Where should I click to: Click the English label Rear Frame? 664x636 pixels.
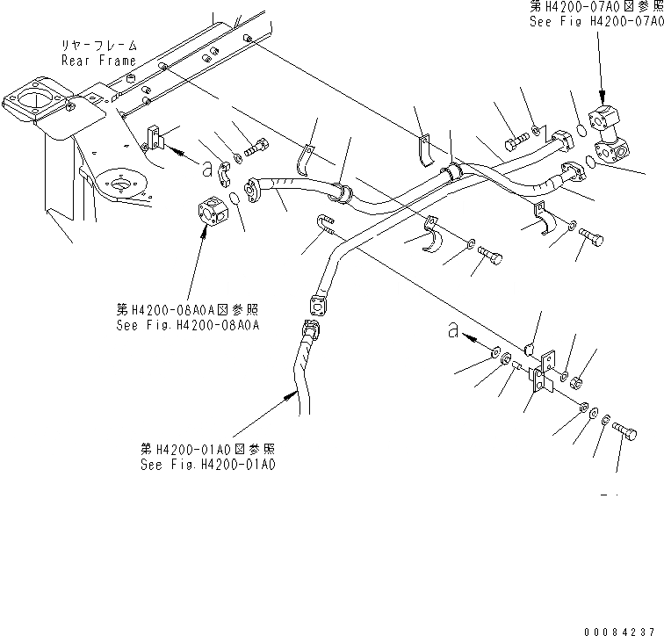(x=98, y=61)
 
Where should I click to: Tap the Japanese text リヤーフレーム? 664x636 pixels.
(x=97, y=45)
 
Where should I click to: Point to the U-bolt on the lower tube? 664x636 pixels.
(x=323, y=227)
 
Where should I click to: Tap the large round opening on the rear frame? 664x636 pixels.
(x=36, y=98)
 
